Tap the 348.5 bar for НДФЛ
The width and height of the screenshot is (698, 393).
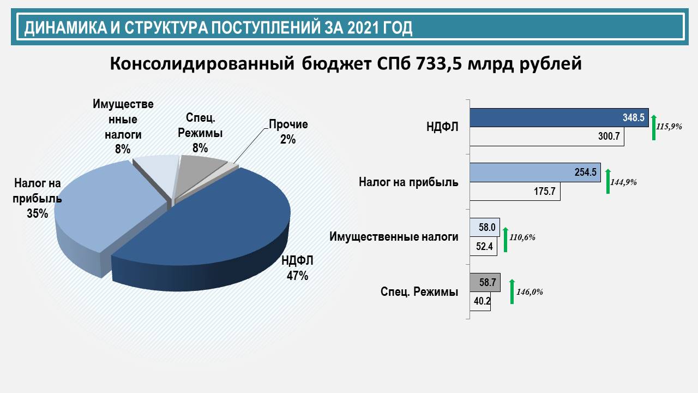[x=559, y=117]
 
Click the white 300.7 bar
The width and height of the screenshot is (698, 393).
[x=547, y=136]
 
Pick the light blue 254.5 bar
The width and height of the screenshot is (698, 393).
[x=535, y=172]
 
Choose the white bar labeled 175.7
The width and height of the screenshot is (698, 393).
[x=515, y=191]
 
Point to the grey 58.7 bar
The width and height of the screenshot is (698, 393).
[x=485, y=283]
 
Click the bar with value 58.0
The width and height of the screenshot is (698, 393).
[x=485, y=227]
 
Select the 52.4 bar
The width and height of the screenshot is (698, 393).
[x=483, y=246]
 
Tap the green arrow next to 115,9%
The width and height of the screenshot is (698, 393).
[x=654, y=128]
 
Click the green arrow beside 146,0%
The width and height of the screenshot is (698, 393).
[x=512, y=291]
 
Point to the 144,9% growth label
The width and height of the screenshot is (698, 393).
[x=623, y=182]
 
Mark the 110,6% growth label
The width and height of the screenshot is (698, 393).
[x=522, y=237]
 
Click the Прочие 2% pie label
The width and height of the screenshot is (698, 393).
[x=288, y=132]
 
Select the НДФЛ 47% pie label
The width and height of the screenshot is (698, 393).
[x=297, y=268]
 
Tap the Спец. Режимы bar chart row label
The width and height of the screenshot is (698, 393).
[x=419, y=292]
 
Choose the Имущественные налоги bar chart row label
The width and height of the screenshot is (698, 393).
[x=394, y=237]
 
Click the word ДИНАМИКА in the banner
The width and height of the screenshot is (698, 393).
[x=65, y=28]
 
